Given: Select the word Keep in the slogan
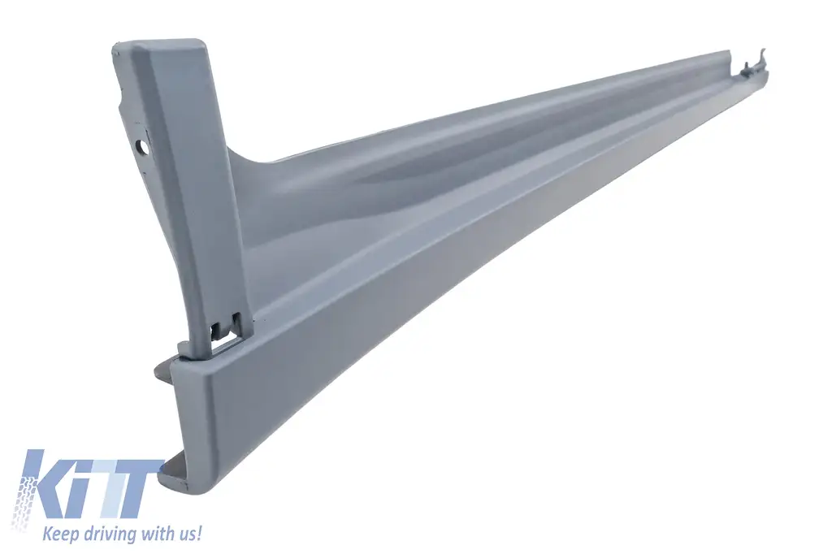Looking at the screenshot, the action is coord(59,533).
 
